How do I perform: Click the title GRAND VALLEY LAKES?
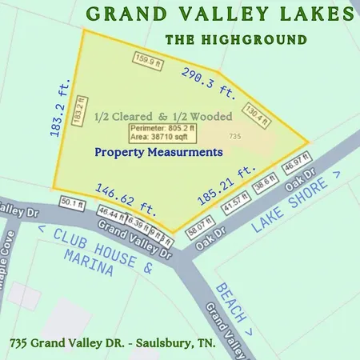click(218, 14)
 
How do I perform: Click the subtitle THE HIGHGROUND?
click(235, 39)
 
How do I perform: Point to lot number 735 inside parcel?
click(235, 137)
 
